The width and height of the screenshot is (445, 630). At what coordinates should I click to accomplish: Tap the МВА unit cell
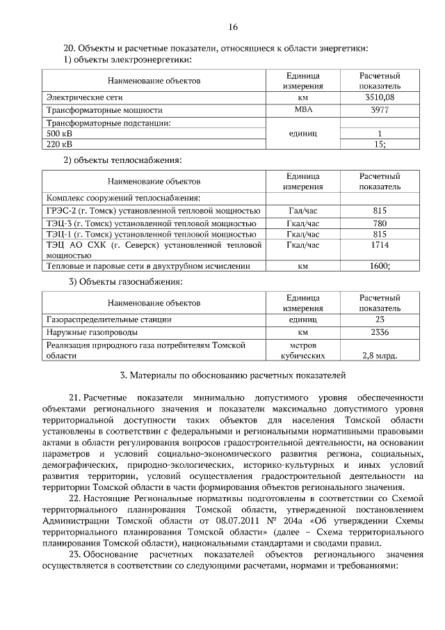pos(304,110)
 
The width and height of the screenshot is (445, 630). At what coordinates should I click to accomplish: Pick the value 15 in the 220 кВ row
pos(379,144)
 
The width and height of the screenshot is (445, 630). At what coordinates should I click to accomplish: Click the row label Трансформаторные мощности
pos(104,110)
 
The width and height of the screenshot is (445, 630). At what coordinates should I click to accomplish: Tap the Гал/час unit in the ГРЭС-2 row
pos(304,210)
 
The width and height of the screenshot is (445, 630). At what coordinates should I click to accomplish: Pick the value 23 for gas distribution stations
pos(379,319)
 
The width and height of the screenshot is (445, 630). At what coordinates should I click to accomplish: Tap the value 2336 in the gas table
pos(379,332)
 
